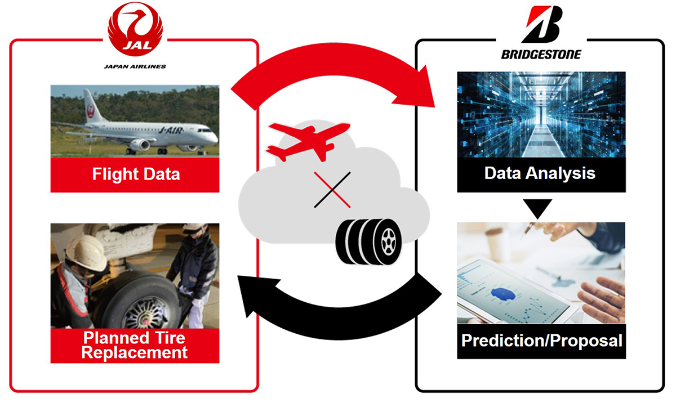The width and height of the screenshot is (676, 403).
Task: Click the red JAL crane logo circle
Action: (x=135, y=29)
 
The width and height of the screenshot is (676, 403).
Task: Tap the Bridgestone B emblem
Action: (x=542, y=25)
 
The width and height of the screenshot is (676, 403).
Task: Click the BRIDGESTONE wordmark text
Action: (x=541, y=55)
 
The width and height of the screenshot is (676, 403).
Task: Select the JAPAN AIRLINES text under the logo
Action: (x=135, y=66)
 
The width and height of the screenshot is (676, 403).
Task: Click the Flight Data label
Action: (x=136, y=174)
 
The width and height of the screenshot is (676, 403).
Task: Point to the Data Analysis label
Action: (x=540, y=173)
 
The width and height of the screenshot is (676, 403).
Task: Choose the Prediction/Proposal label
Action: (x=542, y=341)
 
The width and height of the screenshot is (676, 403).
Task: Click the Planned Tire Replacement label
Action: (x=135, y=345)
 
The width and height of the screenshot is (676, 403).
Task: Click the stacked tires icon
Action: (x=369, y=242)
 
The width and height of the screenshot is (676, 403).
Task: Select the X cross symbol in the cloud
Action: (x=332, y=190)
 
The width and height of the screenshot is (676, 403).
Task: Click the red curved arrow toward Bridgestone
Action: (x=332, y=59)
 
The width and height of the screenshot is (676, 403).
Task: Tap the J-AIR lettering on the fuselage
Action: (x=171, y=130)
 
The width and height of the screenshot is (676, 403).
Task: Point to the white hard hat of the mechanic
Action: (x=87, y=253)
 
